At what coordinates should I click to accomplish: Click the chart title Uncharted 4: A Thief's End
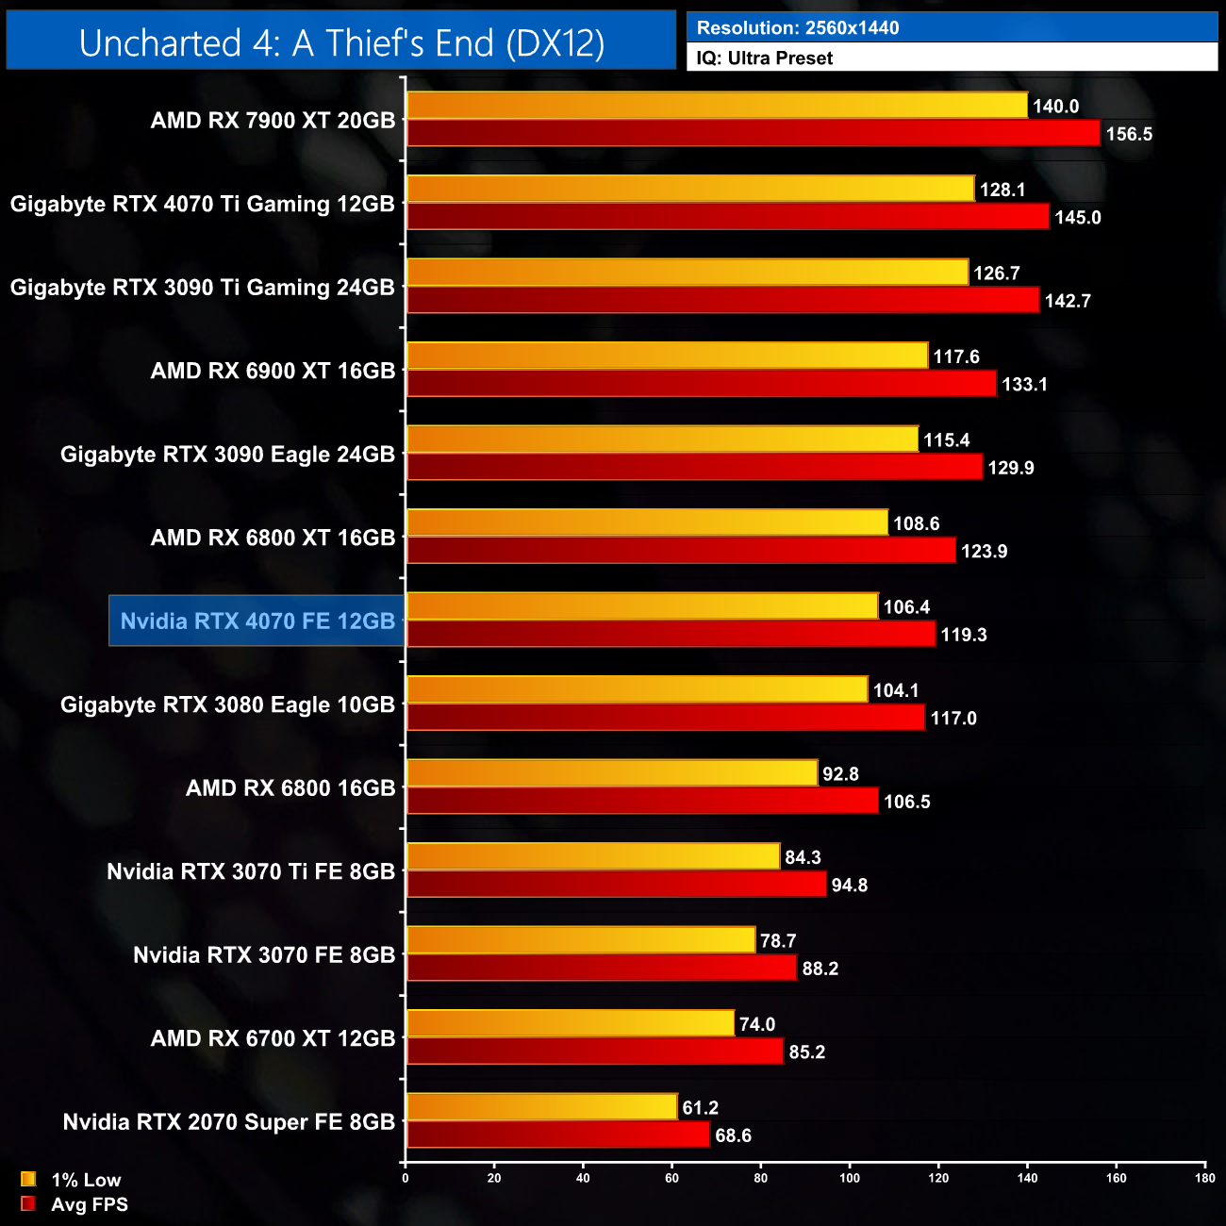point(341,42)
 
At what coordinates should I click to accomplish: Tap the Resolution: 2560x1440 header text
point(797,28)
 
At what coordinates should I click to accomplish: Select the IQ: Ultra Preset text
point(764,58)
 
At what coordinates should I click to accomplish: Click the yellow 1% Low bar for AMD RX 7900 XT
point(717,106)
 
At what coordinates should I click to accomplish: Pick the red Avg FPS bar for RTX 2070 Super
point(557,1135)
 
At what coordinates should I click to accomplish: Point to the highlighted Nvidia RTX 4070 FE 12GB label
point(257,621)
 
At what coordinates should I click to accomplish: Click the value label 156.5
point(1129,134)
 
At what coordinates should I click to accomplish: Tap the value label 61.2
point(701,1108)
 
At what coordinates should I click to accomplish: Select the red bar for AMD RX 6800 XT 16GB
point(681,551)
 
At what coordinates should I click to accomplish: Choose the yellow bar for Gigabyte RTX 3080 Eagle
point(637,689)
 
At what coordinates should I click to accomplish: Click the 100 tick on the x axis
point(850,1178)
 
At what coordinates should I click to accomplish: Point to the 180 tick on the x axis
point(1205,1178)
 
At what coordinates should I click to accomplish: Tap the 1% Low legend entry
point(85,1180)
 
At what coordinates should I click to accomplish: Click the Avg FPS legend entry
point(89,1204)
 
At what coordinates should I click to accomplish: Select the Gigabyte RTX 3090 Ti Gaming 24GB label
point(202,288)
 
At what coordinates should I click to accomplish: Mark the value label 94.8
point(849,886)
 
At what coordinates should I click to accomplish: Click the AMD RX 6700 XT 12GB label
point(273,1038)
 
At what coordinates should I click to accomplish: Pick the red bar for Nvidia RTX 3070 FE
point(602,969)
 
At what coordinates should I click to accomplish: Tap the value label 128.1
point(1002,190)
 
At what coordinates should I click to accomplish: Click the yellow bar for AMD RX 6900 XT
point(667,356)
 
